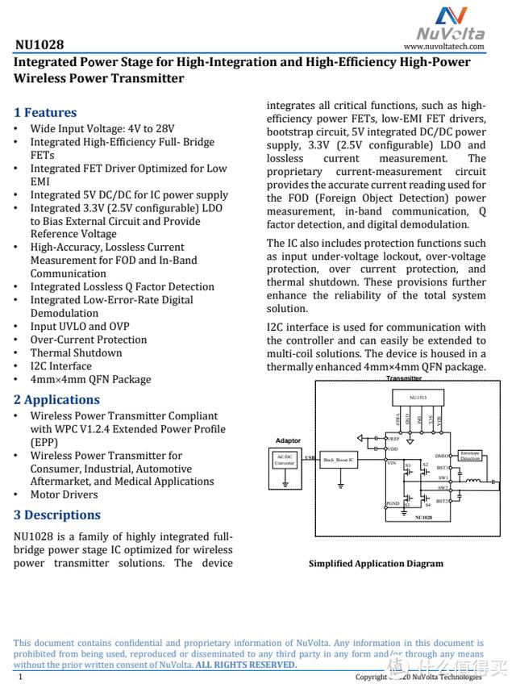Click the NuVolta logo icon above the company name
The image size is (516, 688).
451,16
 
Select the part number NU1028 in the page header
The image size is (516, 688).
39,45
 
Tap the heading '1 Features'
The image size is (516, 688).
45,112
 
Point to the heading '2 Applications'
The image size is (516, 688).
56,399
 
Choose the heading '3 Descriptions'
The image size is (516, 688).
57,515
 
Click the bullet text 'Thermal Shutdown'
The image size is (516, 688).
76,352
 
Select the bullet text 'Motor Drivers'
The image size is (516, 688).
64,494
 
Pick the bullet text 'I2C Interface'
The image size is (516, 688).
61,366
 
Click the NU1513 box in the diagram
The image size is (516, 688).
418,398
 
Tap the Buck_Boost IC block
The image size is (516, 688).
339,460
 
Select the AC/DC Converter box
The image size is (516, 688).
285,460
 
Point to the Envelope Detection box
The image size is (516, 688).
470,456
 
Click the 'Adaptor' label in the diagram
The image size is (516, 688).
288,440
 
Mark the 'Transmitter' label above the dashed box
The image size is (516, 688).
404,378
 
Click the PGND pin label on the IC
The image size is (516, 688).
393,503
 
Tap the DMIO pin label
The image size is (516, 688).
442,456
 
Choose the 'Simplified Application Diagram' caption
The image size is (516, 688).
376,564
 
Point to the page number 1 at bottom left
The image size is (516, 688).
20,678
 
